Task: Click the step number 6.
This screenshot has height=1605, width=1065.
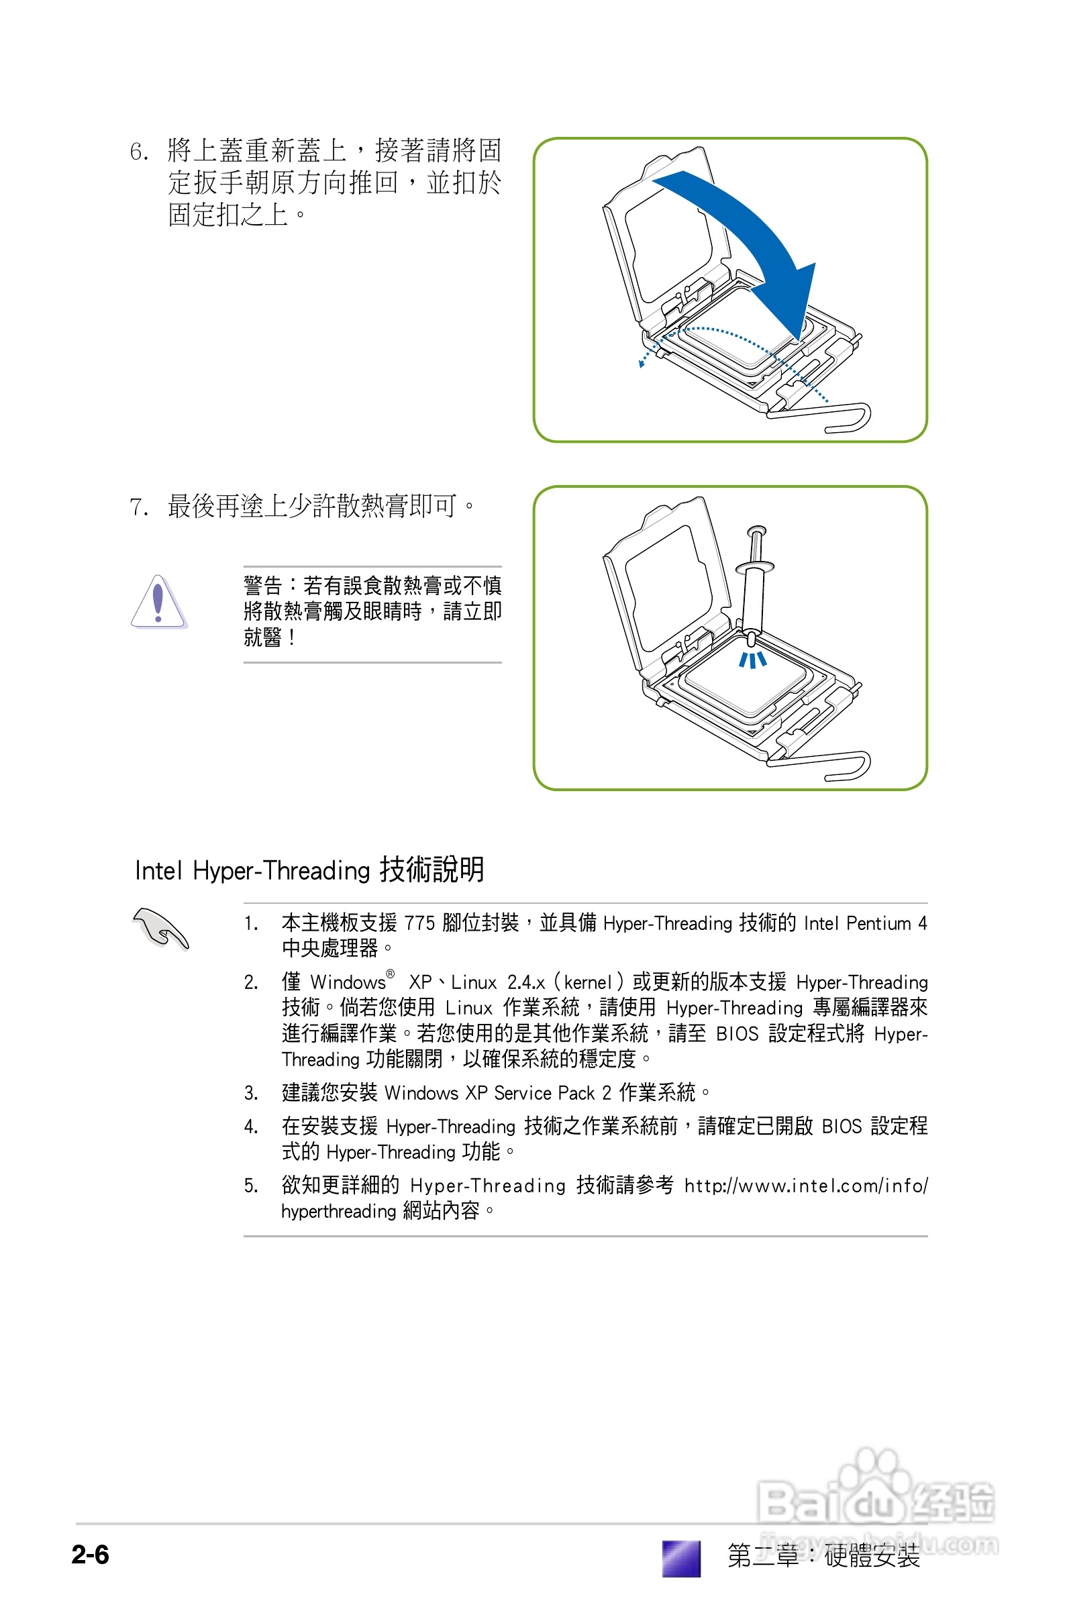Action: click(138, 151)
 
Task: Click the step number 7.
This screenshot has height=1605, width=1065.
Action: click(138, 507)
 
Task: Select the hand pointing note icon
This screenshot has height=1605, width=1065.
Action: click(160, 928)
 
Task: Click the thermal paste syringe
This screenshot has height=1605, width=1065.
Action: click(753, 584)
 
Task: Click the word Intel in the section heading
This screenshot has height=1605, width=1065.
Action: click(159, 870)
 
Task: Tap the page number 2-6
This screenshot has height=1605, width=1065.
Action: click(91, 1554)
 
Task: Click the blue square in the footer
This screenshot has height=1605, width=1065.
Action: click(680, 1557)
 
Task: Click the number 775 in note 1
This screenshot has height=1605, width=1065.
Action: click(419, 923)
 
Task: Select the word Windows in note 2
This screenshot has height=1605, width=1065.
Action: click(348, 982)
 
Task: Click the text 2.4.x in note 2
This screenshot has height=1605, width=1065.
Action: click(525, 982)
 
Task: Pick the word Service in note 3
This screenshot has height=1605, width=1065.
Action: click(522, 1093)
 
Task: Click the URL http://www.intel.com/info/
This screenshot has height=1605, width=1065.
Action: click(805, 1186)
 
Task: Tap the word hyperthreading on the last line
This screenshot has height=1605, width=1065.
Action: click(338, 1211)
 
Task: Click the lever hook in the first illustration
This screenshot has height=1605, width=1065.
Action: click(853, 418)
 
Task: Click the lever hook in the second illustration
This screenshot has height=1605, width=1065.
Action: click(853, 766)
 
